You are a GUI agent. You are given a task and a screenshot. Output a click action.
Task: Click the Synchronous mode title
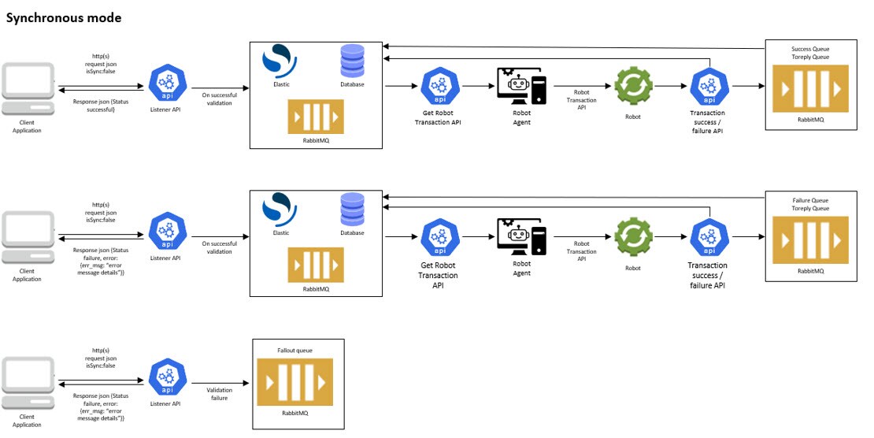64,18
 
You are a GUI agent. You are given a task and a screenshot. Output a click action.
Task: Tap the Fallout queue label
294,351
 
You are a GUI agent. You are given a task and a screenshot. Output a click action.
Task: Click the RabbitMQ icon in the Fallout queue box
294,382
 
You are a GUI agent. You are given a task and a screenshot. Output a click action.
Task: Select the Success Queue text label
810,49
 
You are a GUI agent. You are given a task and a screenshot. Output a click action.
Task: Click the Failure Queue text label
810,200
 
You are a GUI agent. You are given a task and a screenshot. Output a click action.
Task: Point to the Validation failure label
220,394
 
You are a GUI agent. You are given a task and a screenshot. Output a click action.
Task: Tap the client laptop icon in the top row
28,89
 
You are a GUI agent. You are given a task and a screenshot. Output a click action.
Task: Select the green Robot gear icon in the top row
633,87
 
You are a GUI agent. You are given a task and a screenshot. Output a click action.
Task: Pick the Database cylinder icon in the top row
352,61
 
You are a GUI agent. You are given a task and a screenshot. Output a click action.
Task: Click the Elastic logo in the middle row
280,209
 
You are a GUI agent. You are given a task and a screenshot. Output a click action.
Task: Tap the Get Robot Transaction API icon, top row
440,87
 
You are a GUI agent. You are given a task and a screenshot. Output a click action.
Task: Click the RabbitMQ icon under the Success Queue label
810,89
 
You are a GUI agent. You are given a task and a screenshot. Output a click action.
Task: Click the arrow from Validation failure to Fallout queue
220,383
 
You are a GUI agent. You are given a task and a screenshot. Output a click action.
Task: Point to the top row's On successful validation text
220,98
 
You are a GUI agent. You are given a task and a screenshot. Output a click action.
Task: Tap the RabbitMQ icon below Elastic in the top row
316,117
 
